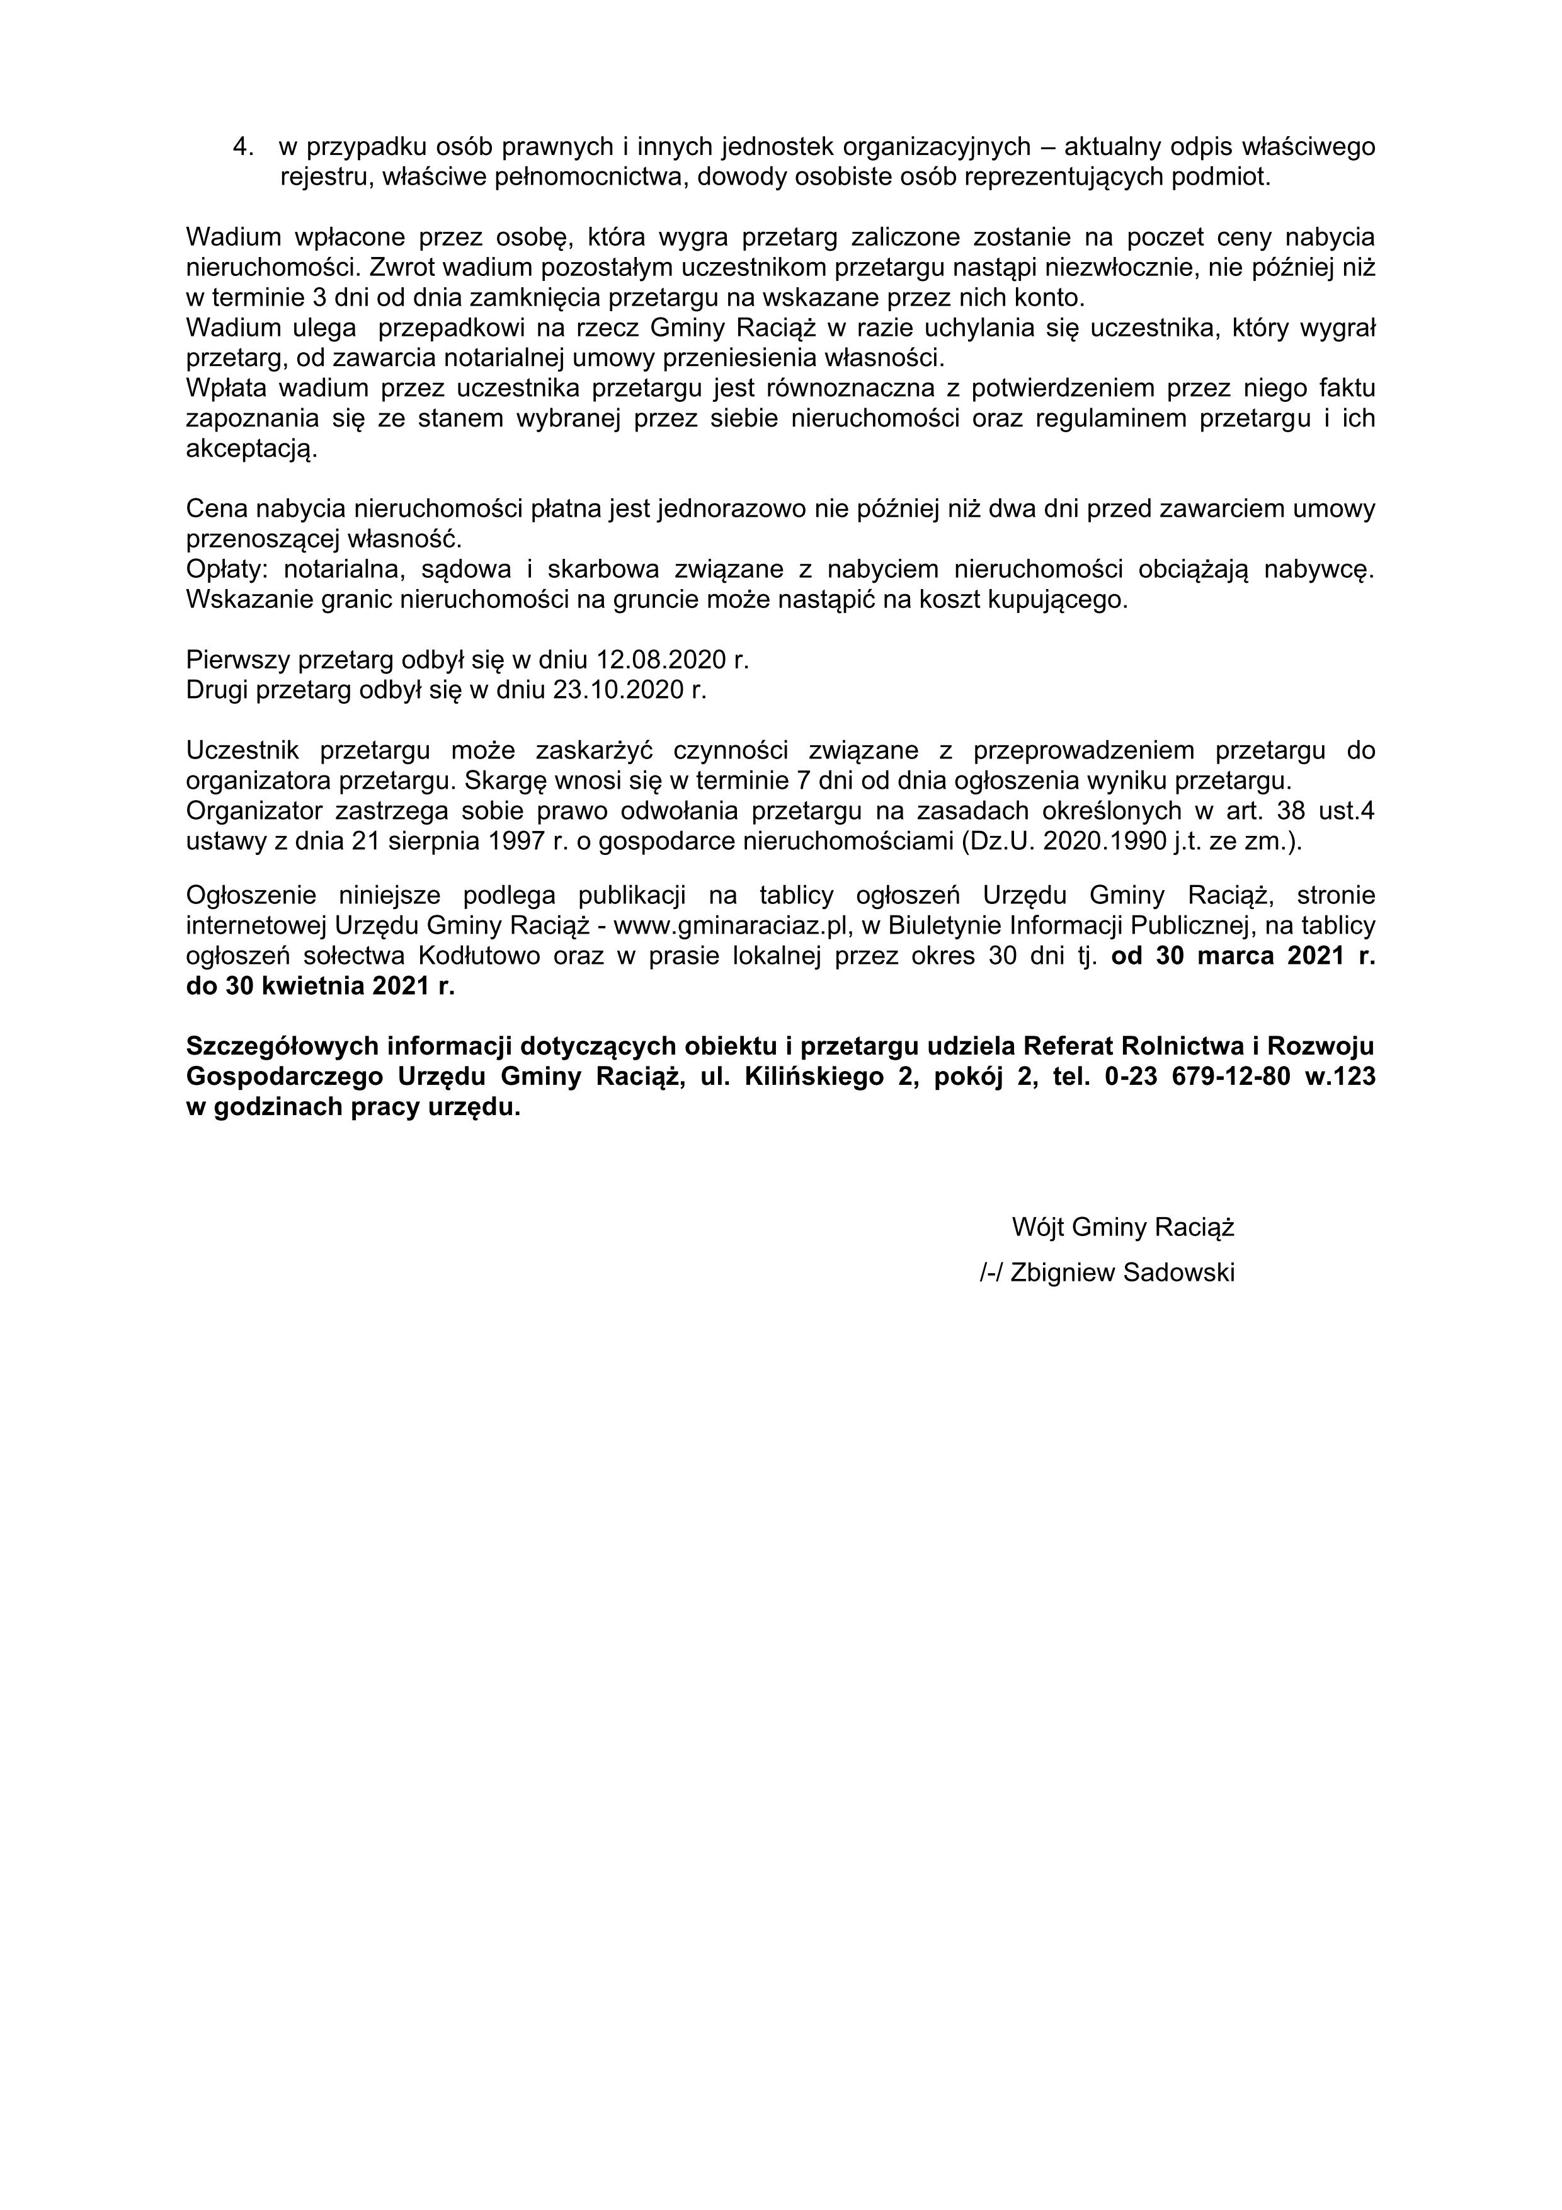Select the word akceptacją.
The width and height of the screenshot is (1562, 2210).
250,450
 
